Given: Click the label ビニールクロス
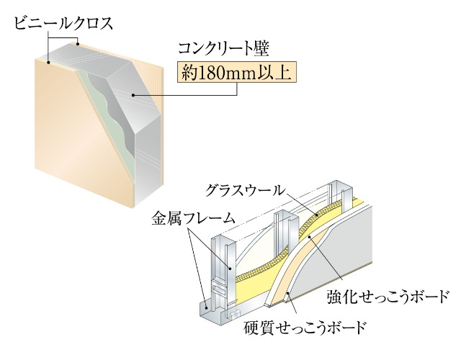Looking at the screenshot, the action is click(x=63, y=24).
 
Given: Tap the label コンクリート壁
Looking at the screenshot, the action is click(x=224, y=48).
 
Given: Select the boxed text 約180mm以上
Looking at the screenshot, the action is click(x=236, y=72).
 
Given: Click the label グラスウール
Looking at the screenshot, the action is click(x=245, y=190).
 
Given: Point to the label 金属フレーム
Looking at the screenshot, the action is click(x=194, y=218).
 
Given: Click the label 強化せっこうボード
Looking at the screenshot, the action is click(x=388, y=297).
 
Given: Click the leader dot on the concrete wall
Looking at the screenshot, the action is click(x=133, y=95).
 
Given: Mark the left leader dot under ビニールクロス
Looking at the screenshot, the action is click(x=49, y=62).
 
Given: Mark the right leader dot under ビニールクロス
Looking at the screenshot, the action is click(x=78, y=45).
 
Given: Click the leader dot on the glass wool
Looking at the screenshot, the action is click(x=317, y=215).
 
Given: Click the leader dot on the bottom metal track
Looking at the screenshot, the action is click(x=207, y=308).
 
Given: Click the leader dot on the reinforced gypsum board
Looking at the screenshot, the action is click(x=309, y=236).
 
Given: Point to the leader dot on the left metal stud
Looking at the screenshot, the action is click(x=230, y=268).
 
